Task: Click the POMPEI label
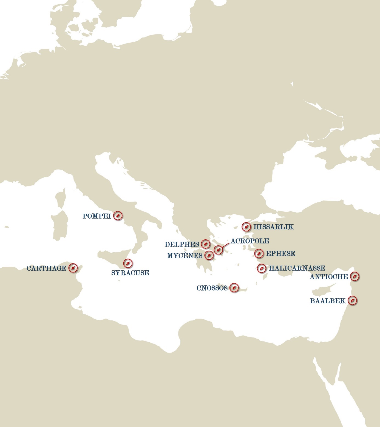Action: coord(97,216)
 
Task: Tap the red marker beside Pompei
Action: coord(118,216)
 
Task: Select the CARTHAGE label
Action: coord(46,268)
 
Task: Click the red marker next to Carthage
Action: coord(73,268)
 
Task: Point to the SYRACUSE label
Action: coord(130,273)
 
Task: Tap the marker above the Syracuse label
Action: coord(128,263)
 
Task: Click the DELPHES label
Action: coord(182,244)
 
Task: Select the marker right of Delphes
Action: coord(205,243)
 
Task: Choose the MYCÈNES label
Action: coord(185,256)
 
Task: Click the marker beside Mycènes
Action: coord(209,255)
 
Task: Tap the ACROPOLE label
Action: coord(250,241)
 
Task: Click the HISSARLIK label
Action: coord(273,227)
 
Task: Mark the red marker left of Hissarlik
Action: coord(246,227)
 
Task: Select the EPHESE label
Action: coord(280,253)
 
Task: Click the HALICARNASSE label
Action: coord(297,268)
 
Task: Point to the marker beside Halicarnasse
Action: coord(262,268)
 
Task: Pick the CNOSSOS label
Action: coord(212,288)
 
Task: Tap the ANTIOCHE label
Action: coord(329,277)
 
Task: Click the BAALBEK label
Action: coord(328,301)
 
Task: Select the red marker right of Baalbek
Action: coord(353,300)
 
